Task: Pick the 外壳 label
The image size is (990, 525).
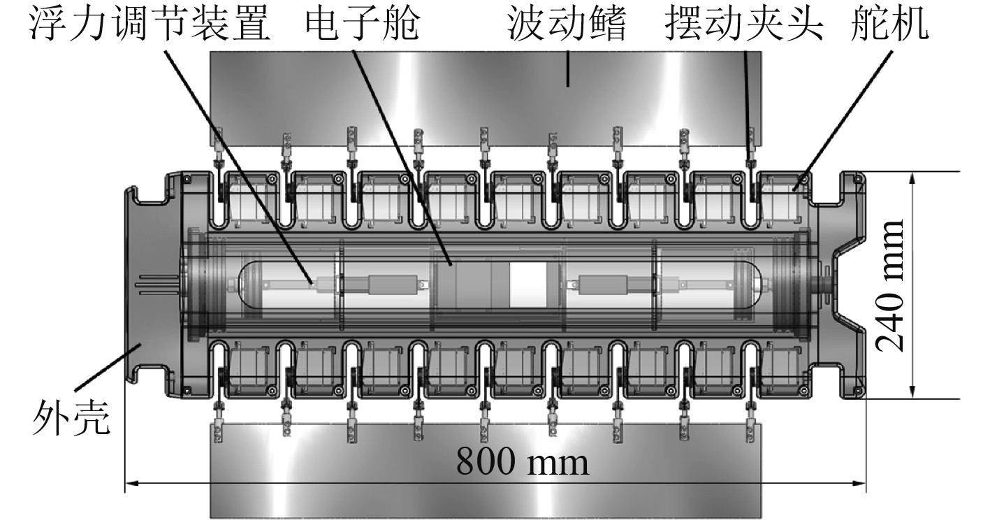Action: pos(72,419)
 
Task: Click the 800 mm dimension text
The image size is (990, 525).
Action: pos(523,461)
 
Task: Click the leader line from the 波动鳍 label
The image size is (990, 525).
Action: pos(567,70)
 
